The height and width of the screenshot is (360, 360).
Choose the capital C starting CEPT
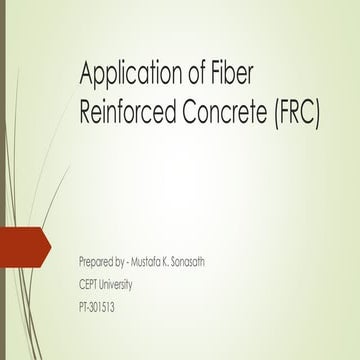81,283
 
